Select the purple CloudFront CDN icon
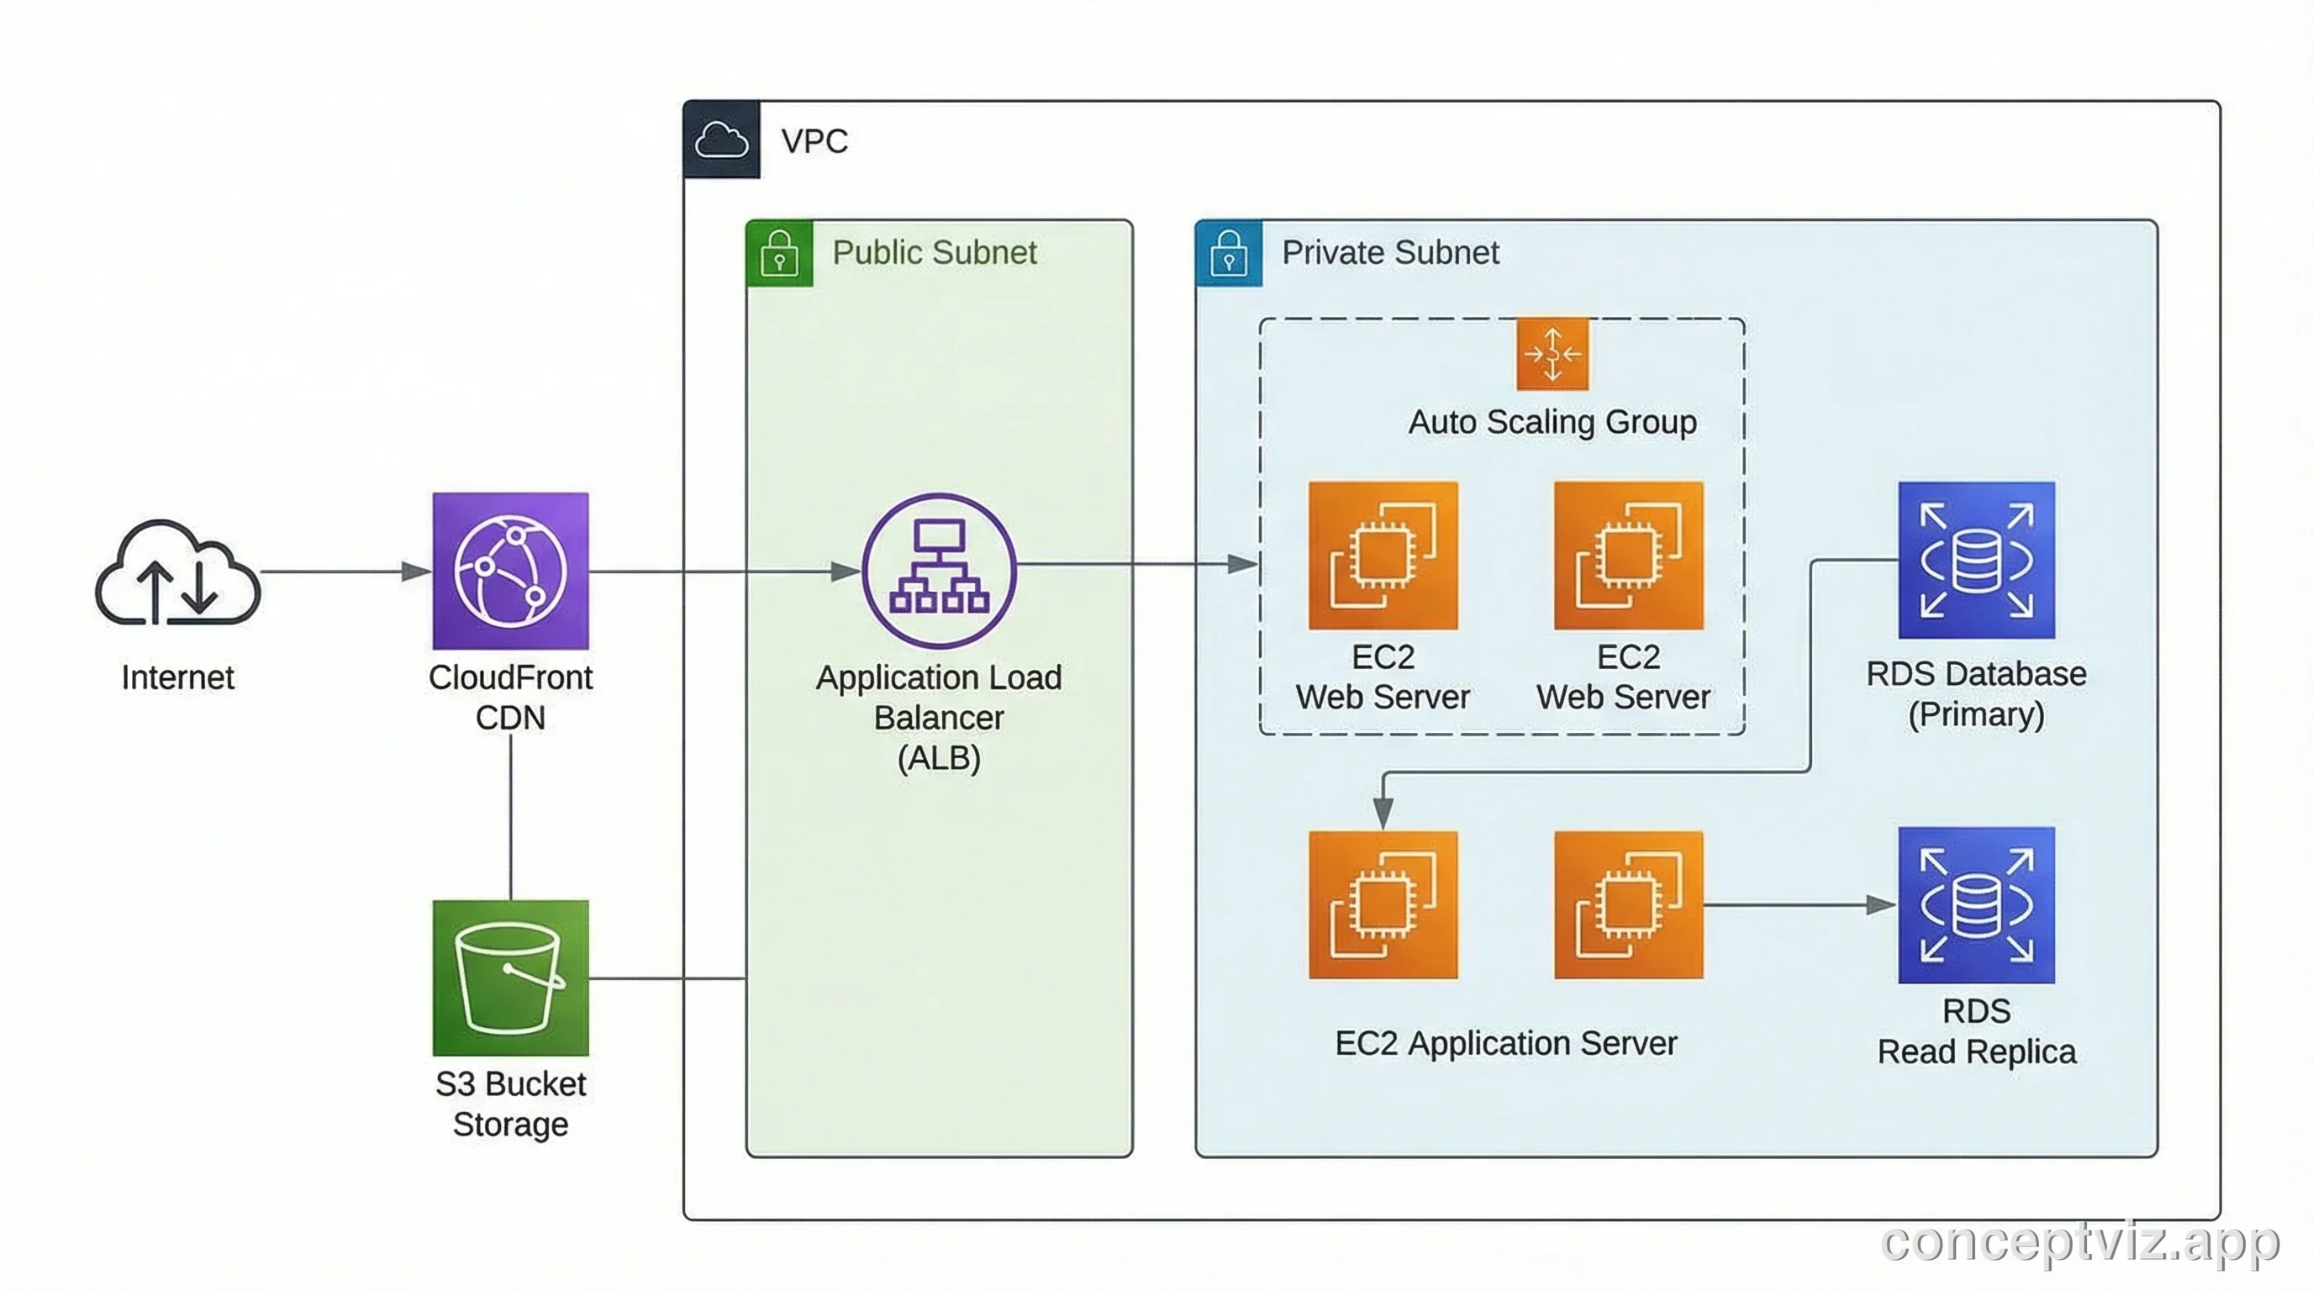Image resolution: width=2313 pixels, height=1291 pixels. coord(510,570)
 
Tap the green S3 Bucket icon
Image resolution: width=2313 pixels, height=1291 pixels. coord(510,977)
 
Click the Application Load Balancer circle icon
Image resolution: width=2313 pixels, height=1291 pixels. coord(939,570)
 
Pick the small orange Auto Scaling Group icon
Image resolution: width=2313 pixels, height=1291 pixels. coord(1552,354)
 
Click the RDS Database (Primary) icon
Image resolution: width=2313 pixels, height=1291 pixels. coord(1975,561)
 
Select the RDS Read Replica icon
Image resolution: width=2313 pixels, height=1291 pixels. coord(1975,905)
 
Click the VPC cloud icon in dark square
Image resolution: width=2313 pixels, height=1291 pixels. coord(721,140)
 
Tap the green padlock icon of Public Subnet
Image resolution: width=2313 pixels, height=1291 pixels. coord(778,253)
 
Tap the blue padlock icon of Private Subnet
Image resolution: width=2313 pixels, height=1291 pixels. coord(1228,253)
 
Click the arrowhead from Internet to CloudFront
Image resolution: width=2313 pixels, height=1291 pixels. coord(415,571)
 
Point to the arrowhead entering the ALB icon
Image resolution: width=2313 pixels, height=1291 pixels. coord(844,571)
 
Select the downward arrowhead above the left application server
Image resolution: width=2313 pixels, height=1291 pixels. coord(1383,813)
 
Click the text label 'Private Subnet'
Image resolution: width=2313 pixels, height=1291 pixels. coord(1390,252)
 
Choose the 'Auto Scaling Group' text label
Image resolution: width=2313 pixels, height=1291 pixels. coord(1552,422)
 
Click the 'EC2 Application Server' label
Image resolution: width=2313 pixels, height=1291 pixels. coord(1506,1043)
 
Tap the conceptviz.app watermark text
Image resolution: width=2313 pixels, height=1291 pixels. coord(2079,1242)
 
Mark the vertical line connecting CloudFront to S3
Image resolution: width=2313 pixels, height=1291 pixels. coord(510,817)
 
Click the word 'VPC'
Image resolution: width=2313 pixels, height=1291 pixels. coord(814,141)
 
